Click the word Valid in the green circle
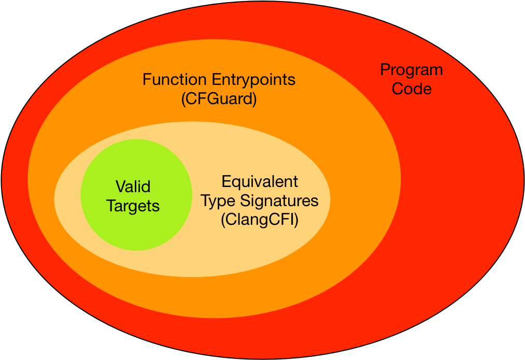[133, 186]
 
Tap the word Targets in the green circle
[133, 206]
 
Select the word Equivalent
[260, 182]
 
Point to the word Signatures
[279, 201]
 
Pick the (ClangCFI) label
[260, 220]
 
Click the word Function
[175, 80]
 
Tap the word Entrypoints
[253, 80]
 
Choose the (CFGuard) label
[219, 99]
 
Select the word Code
[412, 89]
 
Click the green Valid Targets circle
[136, 195]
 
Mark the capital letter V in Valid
[121, 186]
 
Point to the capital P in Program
[385, 69]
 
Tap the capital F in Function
[147, 80]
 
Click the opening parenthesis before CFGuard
[183, 99]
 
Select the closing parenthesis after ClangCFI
[296, 221]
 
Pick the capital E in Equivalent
[226, 182]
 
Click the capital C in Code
[398, 89]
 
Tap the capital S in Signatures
[246, 201]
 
